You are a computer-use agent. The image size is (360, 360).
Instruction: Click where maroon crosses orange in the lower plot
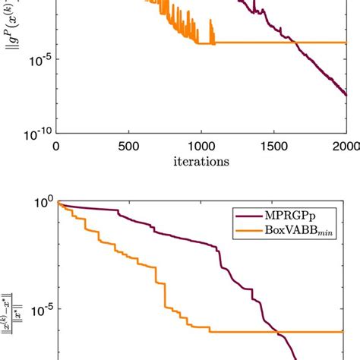point(279,333)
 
